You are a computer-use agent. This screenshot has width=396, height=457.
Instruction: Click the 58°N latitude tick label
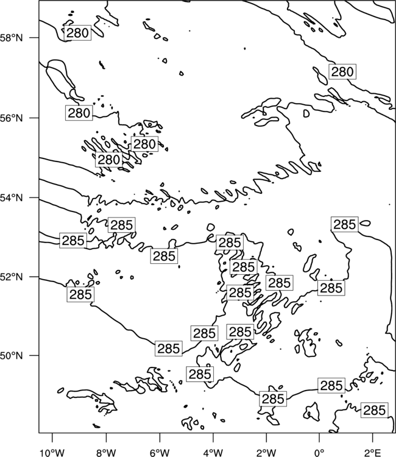click(12, 38)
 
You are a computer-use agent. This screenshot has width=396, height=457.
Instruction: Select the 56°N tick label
click(12, 118)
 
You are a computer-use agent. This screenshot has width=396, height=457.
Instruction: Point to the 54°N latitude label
click(12, 197)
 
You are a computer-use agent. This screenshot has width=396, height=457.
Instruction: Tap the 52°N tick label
click(12, 277)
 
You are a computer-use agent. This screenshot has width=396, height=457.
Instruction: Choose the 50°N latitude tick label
click(12, 356)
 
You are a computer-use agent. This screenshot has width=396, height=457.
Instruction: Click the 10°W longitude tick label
click(52, 453)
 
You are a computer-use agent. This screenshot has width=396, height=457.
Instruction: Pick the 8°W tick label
click(106, 453)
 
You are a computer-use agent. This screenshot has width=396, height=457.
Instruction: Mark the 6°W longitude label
click(160, 453)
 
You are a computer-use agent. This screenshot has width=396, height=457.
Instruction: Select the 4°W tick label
click(213, 453)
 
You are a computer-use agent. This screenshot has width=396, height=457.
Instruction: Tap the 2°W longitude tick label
click(266, 453)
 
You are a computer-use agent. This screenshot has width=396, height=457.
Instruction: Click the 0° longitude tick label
click(319, 453)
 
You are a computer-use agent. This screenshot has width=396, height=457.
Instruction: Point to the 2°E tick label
click(373, 453)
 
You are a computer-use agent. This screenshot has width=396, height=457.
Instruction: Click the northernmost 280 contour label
click(77, 33)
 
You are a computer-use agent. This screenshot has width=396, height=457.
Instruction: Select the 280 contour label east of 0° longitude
click(342, 71)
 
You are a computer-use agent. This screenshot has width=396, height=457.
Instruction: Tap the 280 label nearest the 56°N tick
click(79, 113)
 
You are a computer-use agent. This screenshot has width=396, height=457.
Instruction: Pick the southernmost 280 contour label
click(108, 160)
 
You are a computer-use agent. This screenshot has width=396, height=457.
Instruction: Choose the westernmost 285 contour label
click(73, 241)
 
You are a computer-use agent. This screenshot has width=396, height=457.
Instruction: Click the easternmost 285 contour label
click(375, 410)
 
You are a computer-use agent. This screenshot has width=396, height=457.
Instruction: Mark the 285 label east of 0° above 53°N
click(345, 224)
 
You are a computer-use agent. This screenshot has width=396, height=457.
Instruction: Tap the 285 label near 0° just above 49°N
click(331, 386)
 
